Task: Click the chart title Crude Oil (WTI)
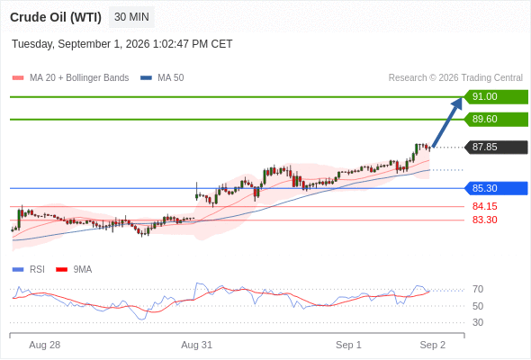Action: click(x=56, y=17)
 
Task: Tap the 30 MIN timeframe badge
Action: click(x=131, y=17)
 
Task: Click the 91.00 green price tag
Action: click(x=496, y=97)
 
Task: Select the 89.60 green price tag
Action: click(x=496, y=119)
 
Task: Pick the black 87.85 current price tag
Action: click(x=496, y=147)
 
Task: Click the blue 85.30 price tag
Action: click(x=496, y=188)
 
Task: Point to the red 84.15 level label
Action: click(x=484, y=206)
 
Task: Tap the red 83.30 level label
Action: click(x=484, y=220)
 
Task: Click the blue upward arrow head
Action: click(x=457, y=103)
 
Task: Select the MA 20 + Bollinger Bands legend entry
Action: click(x=70, y=78)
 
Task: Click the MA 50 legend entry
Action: click(x=162, y=78)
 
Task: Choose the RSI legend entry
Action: click(x=29, y=270)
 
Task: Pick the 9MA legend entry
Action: click(x=74, y=270)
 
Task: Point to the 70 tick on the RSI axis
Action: click(x=478, y=289)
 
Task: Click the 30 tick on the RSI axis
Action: click(x=478, y=322)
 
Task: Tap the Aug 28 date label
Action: click(x=45, y=345)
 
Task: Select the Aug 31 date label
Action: click(x=197, y=345)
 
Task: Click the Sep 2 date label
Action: click(x=433, y=345)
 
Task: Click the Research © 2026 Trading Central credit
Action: click(x=455, y=78)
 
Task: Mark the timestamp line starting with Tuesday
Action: click(x=122, y=44)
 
